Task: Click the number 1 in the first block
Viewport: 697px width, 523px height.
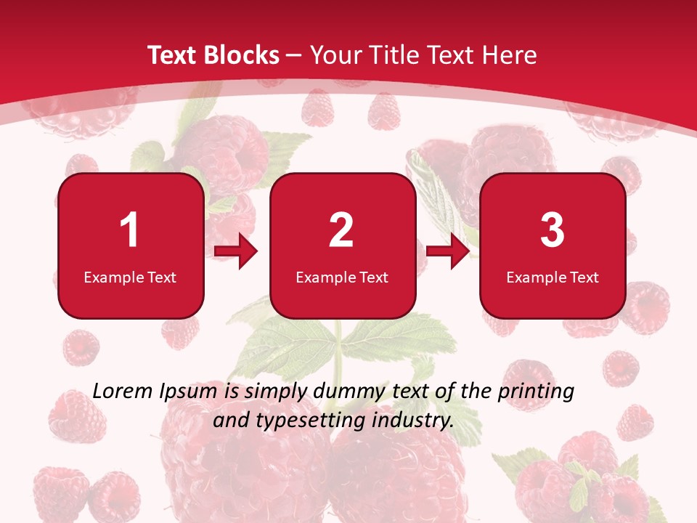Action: point(130,230)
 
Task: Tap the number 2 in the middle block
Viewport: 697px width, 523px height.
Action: point(341,230)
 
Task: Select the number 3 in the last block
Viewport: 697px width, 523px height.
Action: point(553,230)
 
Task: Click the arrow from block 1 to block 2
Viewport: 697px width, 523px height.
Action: point(237,252)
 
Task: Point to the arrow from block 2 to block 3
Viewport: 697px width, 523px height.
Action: point(448,252)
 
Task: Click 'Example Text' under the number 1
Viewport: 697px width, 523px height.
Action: point(130,277)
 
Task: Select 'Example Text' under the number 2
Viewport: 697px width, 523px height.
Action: point(342,277)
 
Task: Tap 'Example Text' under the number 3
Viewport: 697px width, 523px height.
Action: point(553,277)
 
